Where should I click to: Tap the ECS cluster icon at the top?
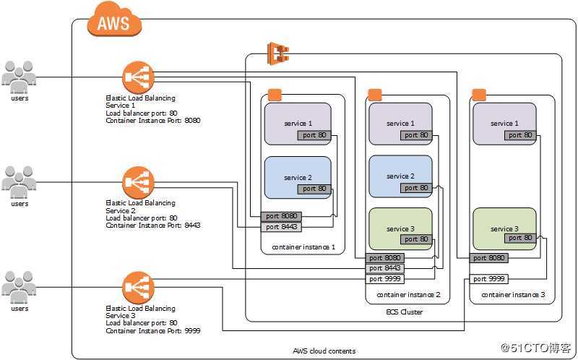(x=278, y=53)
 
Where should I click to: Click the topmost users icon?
(x=20, y=77)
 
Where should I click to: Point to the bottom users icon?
(x=20, y=287)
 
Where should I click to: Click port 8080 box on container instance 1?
(x=281, y=215)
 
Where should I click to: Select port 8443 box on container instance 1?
(x=281, y=226)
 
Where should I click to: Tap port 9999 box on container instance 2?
(x=385, y=278)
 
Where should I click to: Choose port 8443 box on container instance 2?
(x=385, y=268)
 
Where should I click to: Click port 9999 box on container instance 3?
(x=489, y=278)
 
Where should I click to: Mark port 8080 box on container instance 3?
(x=489, y=257)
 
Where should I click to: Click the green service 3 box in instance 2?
(x=400, y=228)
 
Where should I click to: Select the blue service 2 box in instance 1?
(x=298, y=177)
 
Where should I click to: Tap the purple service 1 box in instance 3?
(x=504, y=124)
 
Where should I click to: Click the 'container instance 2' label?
(x=408, y=295)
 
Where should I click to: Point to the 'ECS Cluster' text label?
(x=405, y=312)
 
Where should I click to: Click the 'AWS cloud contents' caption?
(x=324, y=351)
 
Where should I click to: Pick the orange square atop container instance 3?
(x=478, y=95)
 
